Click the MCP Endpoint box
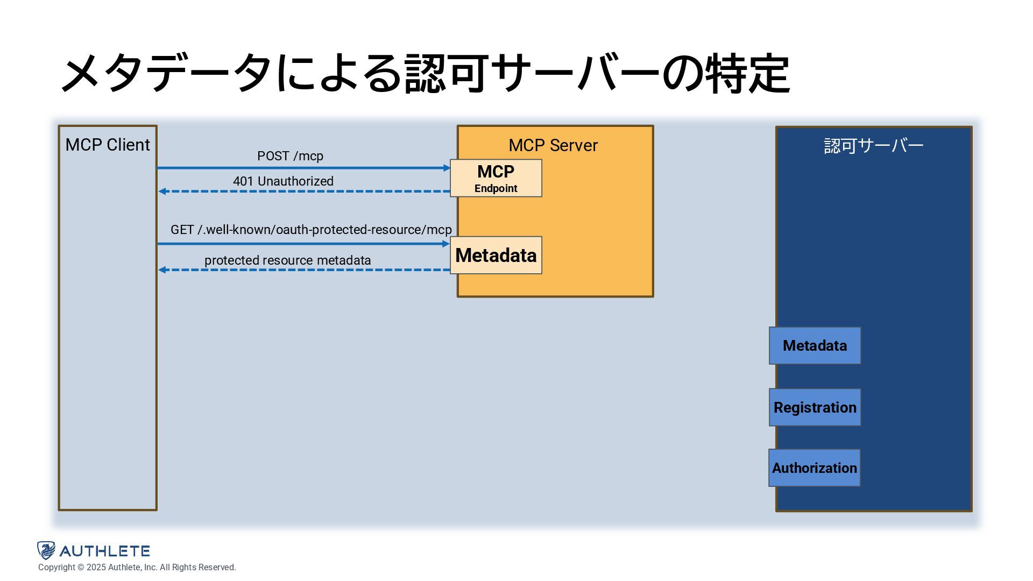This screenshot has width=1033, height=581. pyautogui.click(x=496, y=178)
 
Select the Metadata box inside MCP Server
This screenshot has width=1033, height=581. pyautogui.click(x=496, y=255)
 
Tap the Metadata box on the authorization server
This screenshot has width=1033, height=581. pyautogui.click(x=815, y=345)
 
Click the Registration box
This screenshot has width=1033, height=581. pyautogui.click(x=815, y=407)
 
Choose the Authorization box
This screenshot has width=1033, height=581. pyautogui.click(x=814, y=468)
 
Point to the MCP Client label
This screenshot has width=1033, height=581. pyautogui.click(x=108, y=145)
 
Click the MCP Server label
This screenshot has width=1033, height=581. pyautogui.click(x=553, y=145)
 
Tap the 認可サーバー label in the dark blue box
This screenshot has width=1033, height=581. pyautogui.click(x=873, y=145)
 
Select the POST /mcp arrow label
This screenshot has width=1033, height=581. pyautogui.click(x=290, y=156)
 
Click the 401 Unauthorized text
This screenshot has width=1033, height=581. pyautogui.click(x=283, y=181)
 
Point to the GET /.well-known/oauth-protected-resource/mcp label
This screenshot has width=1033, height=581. pyautogui.click(x=311, y=230)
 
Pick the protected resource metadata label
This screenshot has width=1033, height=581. pyautogui.click(x=287, y=260)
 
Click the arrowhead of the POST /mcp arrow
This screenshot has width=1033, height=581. pyautogui.click(x=447, y=168)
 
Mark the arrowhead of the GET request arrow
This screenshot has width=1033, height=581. pyautogui.click(x=446, y=244)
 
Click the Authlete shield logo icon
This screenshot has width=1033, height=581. pyautogui.click(x=46, y=550)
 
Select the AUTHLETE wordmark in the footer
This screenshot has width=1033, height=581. pyautogui.click(x=105, y=551)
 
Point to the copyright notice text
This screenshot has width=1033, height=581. pyautogui.click(x=137, y=568)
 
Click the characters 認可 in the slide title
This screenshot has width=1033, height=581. pyautogui.click(x=447, y=73)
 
